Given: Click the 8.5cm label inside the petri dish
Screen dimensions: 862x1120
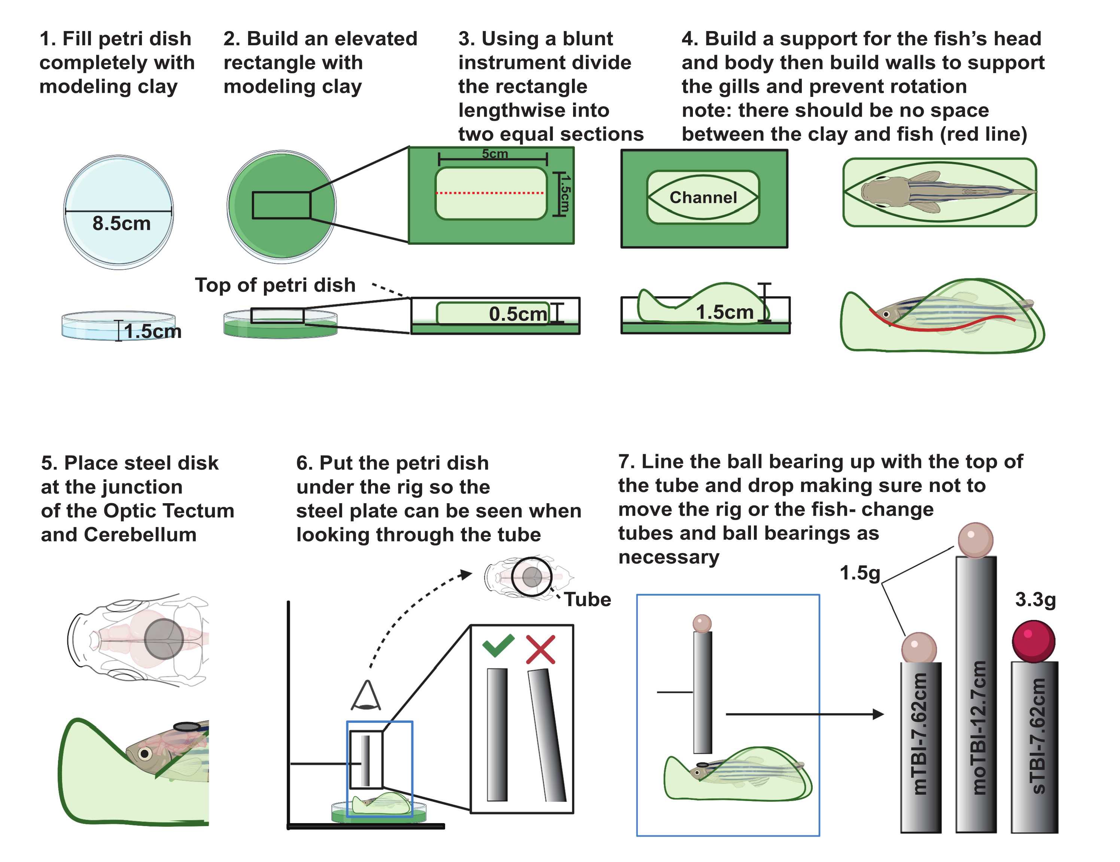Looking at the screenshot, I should click(122, 223).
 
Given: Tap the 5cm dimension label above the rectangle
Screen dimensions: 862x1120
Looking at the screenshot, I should click(494, 154).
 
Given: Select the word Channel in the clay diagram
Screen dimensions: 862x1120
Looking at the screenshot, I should click(703, 197).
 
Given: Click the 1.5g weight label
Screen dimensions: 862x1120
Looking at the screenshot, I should click(859, 572).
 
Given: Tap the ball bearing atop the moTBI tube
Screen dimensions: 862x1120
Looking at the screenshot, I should click(976, 539).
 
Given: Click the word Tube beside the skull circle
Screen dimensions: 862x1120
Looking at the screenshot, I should click(587, 599).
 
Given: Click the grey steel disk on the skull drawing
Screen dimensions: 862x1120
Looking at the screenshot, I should click(164, 639).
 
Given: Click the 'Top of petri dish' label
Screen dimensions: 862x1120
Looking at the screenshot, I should click(275, 285).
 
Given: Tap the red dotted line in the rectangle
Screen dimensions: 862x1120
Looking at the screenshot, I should click(490, 193).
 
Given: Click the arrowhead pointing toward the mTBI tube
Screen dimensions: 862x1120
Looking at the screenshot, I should click(878, 713).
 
